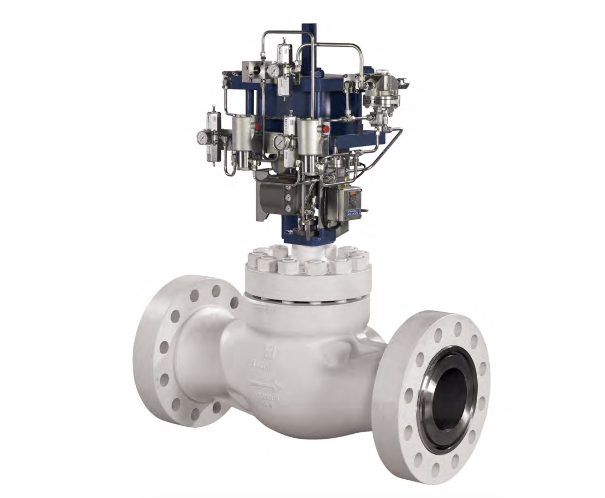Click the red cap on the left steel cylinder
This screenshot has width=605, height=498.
[x=257, y=126]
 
